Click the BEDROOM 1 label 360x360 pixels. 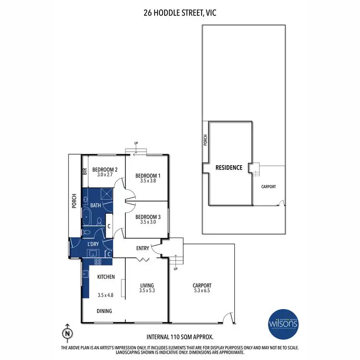[x=147, y=176]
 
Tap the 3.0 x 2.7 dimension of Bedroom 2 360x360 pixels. [x=105, y=175]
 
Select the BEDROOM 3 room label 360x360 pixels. [x=147, y=217]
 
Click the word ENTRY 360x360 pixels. [x=143, y=248]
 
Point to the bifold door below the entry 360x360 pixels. [x=142, y=260]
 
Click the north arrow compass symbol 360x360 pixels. [x=68, y=332]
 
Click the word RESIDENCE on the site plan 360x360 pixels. [x=228, y=168]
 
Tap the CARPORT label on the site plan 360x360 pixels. [x=268, y=187]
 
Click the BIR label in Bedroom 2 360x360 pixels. [x=85, y=171]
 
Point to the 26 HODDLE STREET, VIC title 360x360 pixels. [x=180, y=13]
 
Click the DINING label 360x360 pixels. [x=104, y=311]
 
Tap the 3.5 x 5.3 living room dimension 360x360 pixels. [x=147, y=290]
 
